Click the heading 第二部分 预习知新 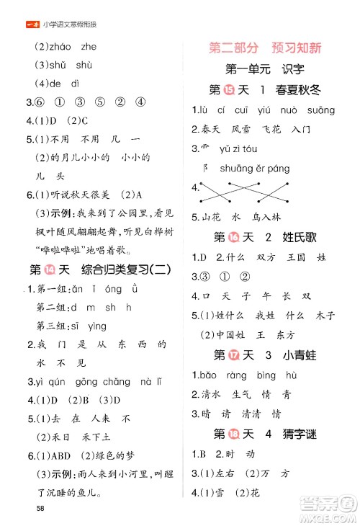264,48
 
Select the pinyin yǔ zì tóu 240,149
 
